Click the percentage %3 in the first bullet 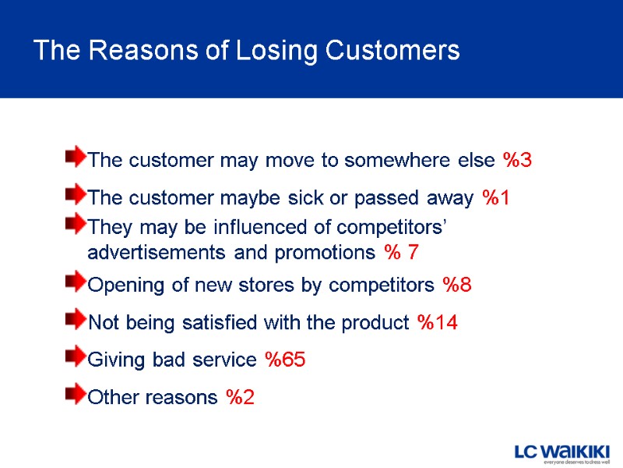(517, 161)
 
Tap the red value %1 (496, 198)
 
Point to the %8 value (456, 285)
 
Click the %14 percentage (437, 322)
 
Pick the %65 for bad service (285, 360)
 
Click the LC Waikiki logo (561, 453)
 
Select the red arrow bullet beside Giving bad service (76, 357)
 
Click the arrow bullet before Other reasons (76, 395)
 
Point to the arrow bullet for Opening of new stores (76, 282)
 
